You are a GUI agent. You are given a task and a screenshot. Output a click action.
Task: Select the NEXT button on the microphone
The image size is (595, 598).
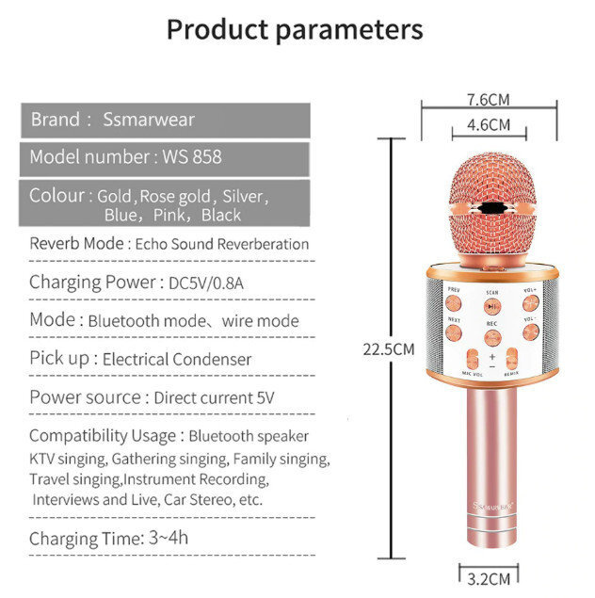point(454,332)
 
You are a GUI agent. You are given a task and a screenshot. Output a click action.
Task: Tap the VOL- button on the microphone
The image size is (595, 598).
point(530,331)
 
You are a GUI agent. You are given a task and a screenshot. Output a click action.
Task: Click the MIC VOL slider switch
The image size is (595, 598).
point(472,360)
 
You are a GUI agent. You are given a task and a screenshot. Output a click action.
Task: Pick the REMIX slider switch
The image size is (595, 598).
point(512,360)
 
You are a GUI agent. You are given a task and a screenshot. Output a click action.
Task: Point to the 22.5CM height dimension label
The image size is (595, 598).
point(389,348)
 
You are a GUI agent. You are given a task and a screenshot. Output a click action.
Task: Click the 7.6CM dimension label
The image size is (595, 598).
point(488,99)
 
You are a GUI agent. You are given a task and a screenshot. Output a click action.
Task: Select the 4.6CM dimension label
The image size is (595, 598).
point(488,124)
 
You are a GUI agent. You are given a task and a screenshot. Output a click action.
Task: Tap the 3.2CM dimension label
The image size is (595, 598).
point(489,577)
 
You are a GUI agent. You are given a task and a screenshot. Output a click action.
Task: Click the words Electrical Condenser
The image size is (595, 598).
point(177,359)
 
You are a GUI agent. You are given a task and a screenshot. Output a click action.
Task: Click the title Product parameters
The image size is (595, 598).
point(295,29)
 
